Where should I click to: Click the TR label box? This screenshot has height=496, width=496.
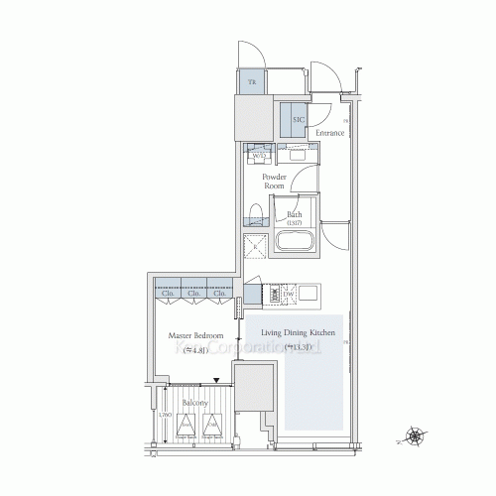pyautogui.click(x=252, y=82)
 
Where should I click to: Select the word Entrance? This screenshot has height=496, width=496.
pyautogui.click(x=329, y=133)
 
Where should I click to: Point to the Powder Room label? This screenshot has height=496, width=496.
pyautogui.click(x=275, y=181)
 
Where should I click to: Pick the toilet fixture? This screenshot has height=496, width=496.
pyautogui.click(x=254, y=213)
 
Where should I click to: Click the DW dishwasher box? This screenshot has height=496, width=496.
pyautogui.click(x=290, y=295)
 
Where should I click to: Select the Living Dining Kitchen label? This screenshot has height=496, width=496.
pyautogui.click(x=298, y=333)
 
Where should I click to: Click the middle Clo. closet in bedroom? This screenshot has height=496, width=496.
pyautogui.click(x=193, y=294)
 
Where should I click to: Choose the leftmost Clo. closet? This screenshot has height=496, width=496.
pyautogui.click(x=167, y=294)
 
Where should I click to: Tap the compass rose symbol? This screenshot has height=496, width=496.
pyautogui.click(x=418, y=434)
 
